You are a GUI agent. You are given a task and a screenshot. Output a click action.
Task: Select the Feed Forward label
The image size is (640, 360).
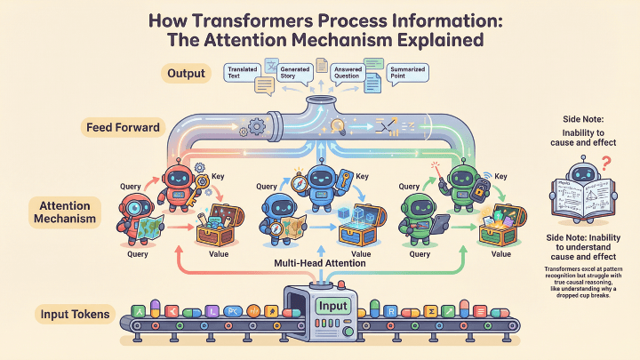pos(123,127)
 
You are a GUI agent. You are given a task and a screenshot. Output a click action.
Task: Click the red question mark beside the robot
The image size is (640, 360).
pos(604,164)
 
